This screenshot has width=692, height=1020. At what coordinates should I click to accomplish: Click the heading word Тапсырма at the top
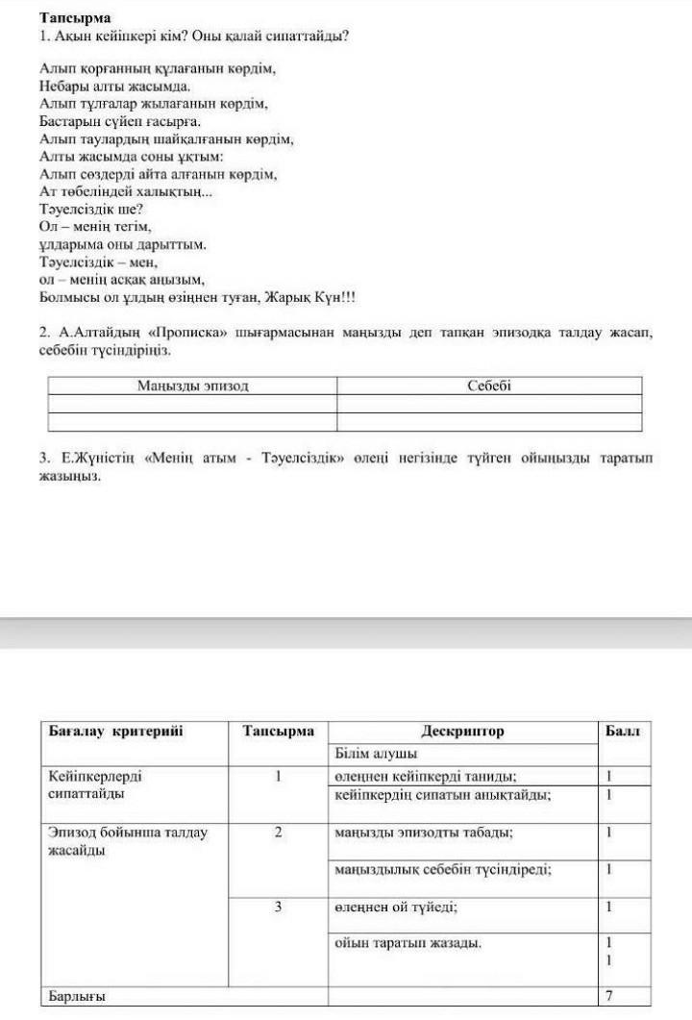coord(75,18)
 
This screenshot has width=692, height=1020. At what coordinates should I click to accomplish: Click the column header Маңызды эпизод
coord(192,386)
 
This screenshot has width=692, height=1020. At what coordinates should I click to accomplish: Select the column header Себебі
coord(489,386)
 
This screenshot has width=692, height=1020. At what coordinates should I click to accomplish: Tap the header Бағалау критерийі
coord(115,732)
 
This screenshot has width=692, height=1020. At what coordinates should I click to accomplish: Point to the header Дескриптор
coord(461,732)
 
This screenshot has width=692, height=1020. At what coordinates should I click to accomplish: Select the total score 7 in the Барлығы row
coord(609,995)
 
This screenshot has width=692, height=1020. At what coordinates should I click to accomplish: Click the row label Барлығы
coord(77,996)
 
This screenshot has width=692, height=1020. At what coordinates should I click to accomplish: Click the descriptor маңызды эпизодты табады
coord(423,833)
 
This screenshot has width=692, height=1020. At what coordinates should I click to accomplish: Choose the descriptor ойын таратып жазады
coord(408,942)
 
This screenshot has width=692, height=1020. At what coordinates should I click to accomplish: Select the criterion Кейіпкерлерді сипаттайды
coord(102,784)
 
